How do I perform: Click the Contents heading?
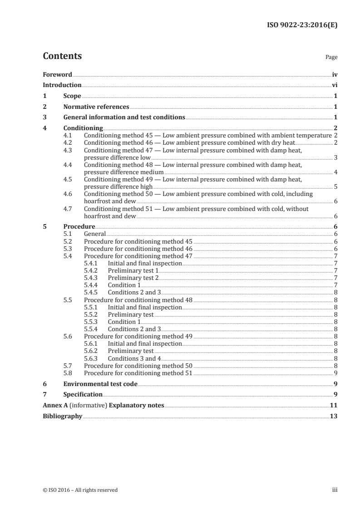click(x=62, y=56)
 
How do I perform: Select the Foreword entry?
click(x=57, y=74)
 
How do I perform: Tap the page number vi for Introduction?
click(x=334, y=85)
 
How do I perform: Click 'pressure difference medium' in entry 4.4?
click(x=123, y=172)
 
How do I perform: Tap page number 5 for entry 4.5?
click(x=335, y=187)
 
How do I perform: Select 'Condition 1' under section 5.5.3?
click(x=124, y=322)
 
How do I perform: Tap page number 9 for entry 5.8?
click(x=335, y=373)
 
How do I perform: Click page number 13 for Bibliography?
click(x=333, y=416)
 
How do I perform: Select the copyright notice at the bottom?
click(x=80, y=490)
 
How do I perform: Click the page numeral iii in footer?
click(x=335, y=490)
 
